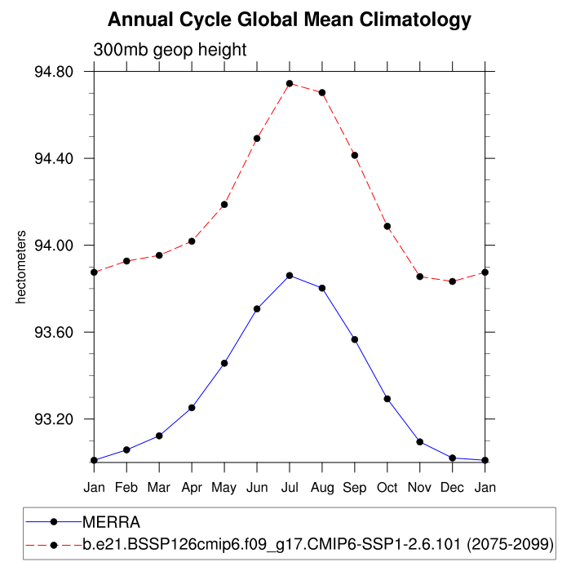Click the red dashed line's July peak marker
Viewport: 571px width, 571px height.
click(x=290, y=83)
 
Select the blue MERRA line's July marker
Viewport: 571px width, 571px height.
click(x=290, y=276)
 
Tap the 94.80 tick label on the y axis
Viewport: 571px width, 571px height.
click(x=53, y=72)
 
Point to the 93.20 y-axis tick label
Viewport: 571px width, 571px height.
click(x=53, y=419)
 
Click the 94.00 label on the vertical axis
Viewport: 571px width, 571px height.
click(x=53, y=246)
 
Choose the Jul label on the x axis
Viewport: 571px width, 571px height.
click(x=290, y=487)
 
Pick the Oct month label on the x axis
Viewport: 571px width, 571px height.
click(x=387, y=487)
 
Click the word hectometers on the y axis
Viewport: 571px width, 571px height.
click(x=22, y=268)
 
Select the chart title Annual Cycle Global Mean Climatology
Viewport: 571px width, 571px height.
click(x=290, y=19)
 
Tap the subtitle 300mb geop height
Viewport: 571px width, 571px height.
click(x=170, y=51)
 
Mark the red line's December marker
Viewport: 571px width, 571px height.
click(x=453, y=281)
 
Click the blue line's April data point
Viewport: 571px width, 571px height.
click(x=192, y=407)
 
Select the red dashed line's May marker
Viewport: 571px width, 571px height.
click(x=224, y=204)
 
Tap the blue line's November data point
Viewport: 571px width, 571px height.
click(x=420, y=441)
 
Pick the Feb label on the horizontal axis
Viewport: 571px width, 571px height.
click(x=126, y=487)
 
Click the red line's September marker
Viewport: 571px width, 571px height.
click(x=355, y=155)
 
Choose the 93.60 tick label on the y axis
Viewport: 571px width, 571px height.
click(x=53, y=333)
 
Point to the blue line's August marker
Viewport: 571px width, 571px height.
click(x=322, y=288)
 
